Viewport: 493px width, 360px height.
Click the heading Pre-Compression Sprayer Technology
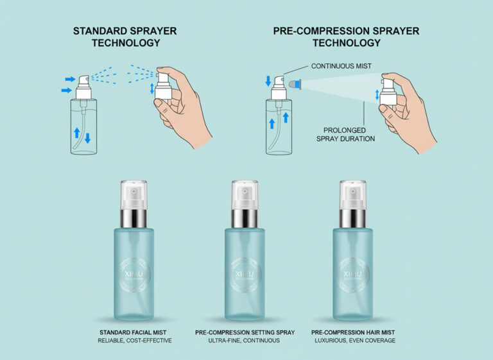point(346,37)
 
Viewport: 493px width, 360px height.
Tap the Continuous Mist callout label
point(342,66)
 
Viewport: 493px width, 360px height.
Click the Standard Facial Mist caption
point(134,332)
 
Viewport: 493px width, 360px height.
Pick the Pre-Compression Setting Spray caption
point(244,332)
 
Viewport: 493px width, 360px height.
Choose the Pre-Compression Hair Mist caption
point(353,332)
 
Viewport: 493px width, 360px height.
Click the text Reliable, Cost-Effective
point(134,340)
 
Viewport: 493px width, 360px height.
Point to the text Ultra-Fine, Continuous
point(244,340)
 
